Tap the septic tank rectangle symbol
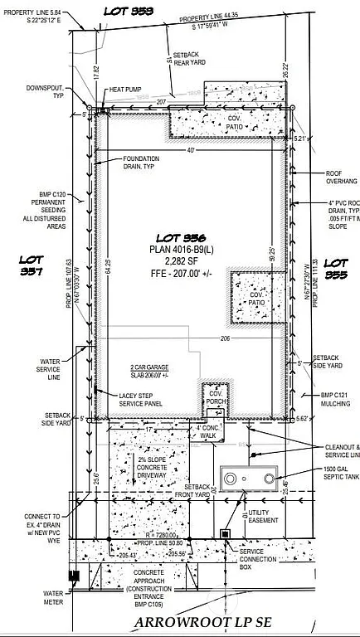[x=248, y=479]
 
